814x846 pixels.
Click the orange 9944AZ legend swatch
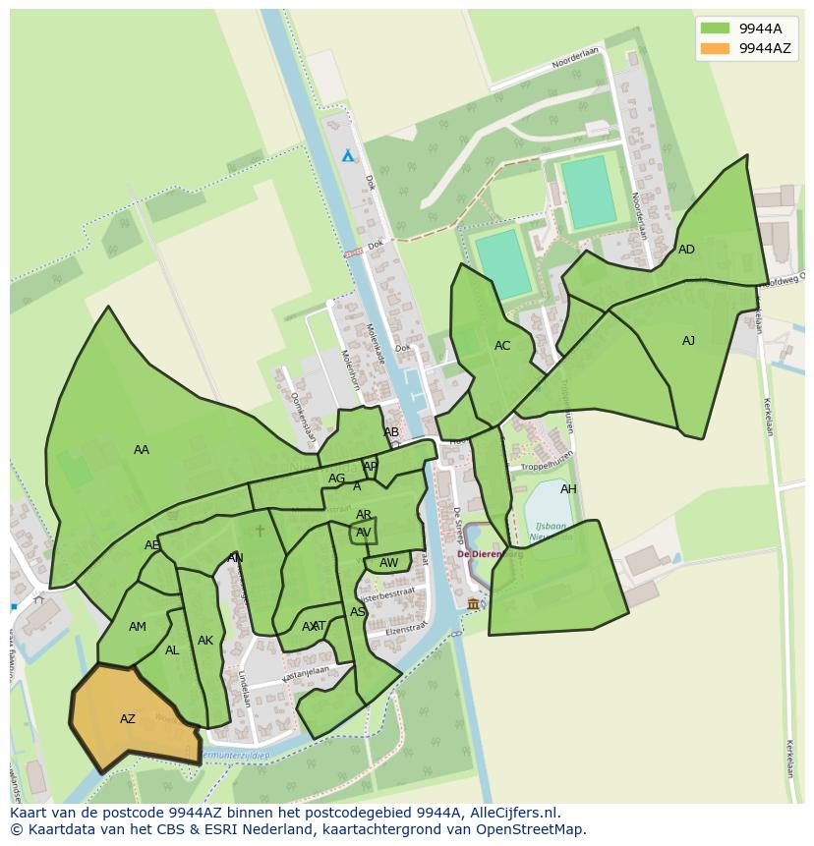(x=715, y=48)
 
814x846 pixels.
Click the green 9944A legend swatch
(x=715, y=28)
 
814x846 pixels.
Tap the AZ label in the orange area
(x=128, y=719)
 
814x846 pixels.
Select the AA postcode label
(x=142, y=450)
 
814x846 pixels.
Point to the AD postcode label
(x=686, y=250)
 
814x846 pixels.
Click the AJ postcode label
(x=688, y=341)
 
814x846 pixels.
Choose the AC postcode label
(x=502, y=346)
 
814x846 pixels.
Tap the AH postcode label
(x=568, y=489)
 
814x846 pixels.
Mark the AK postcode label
(x=205, y=641)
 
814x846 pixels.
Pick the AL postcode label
(x=172, y=650)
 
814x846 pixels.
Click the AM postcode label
(x=138, y=627)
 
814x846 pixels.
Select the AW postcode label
(x=389, y=563)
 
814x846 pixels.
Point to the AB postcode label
(x=391, y=432)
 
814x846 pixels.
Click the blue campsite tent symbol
(x=347, y=155)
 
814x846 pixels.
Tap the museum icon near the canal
(x=473, y=603)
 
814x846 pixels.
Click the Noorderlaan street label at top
(x=575, y=60)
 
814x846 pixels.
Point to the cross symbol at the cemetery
(x=260, y=531)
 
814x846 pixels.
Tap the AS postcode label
(x=358, y=612)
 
